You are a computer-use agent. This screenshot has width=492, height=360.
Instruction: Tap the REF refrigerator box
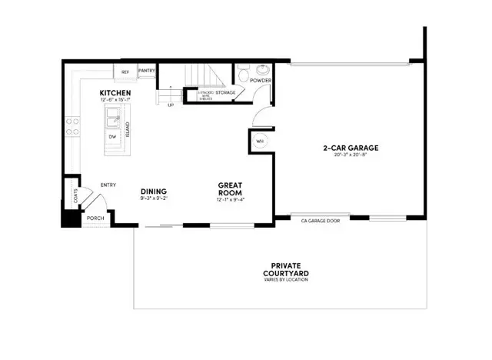[125, 72]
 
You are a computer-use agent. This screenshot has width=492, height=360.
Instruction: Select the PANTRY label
[147, 72]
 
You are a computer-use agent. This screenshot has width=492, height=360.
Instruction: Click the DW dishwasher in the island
[112, 137]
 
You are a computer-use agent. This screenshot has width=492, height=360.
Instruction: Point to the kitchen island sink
[113, 118]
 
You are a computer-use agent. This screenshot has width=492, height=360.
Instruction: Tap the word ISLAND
[128, 129]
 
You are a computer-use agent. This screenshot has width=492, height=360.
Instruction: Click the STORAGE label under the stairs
[225, 92]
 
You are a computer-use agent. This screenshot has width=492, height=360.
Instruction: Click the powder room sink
[264, 70]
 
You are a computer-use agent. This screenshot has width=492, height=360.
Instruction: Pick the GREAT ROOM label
[231, 188]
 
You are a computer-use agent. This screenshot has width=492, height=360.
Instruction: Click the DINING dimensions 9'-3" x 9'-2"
[154, 199]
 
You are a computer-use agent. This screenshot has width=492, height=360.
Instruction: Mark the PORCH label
[95, 218]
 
